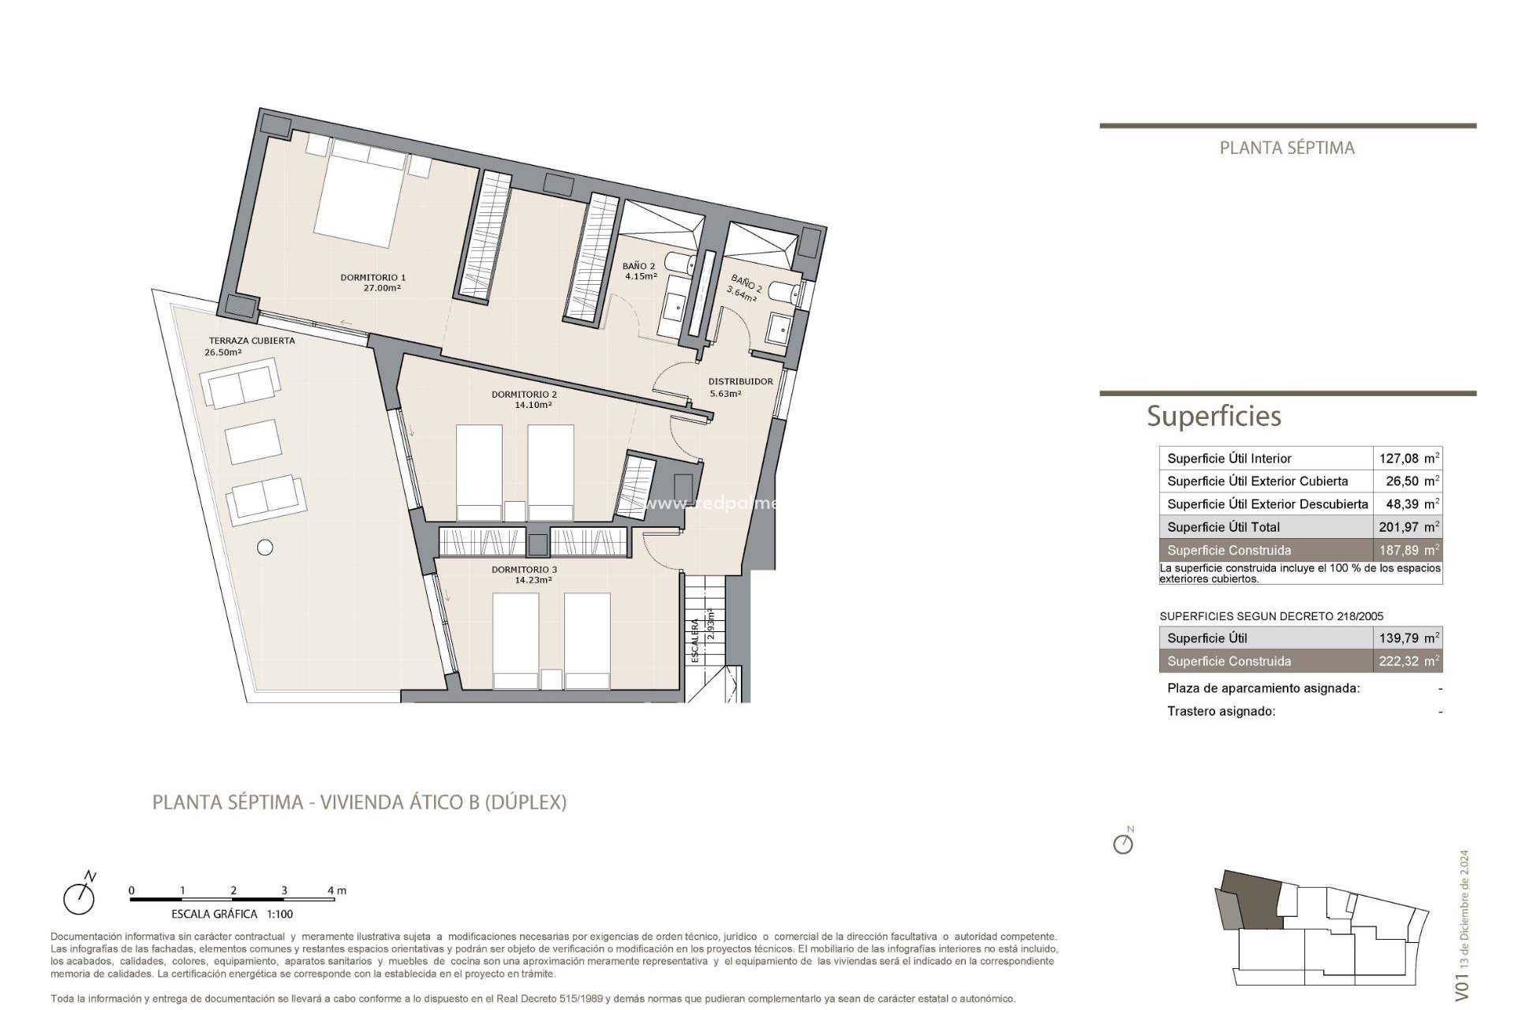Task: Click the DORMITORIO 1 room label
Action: click(x=372, y=277)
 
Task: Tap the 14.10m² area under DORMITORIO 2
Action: click(x=533, y=406)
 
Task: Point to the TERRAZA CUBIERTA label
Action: click(x=252, y=341)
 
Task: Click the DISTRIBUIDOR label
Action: click(x=740, y=381)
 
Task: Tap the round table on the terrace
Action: click(x=265, y=547)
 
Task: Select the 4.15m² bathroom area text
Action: click(x=640, y=277)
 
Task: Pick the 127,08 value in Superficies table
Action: click(x=1398, y=458)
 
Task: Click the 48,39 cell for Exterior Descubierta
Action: click(x=1401, y=504)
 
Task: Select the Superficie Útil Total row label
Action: click(x=1223, y=527)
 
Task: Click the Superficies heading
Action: click(x=1213, y=416)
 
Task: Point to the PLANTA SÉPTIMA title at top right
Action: click(x=1286, y=148)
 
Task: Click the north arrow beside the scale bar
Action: click(x=80, y=895)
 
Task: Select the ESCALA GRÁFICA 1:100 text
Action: click(x=232, y=914)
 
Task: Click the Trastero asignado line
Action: click(x=1221, y=712)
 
